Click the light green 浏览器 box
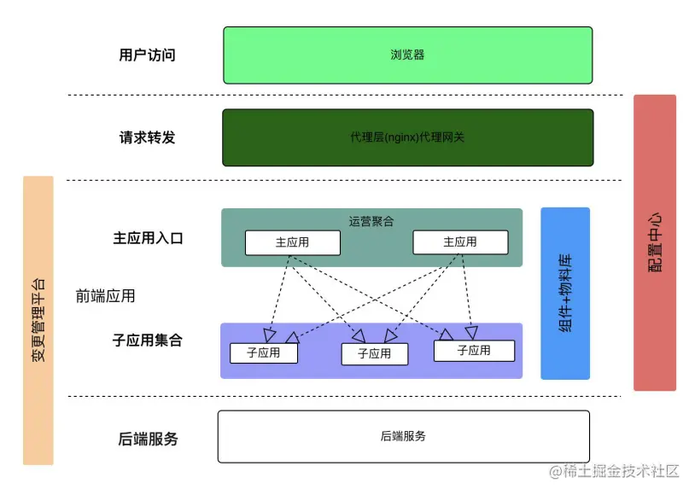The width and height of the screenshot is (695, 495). coord(407,55)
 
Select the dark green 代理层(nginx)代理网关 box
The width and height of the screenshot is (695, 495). coord(407,137)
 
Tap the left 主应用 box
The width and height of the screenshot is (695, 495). coord(292,242)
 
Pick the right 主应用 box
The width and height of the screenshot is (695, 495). coord(459,242)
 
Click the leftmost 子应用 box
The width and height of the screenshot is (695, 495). coord(264,352)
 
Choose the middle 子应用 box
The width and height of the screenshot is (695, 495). coord(374,353)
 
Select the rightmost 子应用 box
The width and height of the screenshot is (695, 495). coord(474,351)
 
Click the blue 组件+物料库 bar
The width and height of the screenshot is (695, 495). coord(565,293)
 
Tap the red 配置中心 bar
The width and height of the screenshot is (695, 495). coord(655,242)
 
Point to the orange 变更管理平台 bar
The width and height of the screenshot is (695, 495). coord(38,320)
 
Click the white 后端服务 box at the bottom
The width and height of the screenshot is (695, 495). coord(403,436)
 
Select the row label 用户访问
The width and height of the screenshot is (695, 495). coord(147,55)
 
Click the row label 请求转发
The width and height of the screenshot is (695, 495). coord(147,137)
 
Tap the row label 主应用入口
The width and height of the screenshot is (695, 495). coord(148,239)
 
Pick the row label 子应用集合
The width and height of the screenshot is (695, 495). coord(147,341)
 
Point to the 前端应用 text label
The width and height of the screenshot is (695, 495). coord(105,296)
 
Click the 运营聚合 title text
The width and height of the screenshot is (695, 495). coord(371,221)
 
